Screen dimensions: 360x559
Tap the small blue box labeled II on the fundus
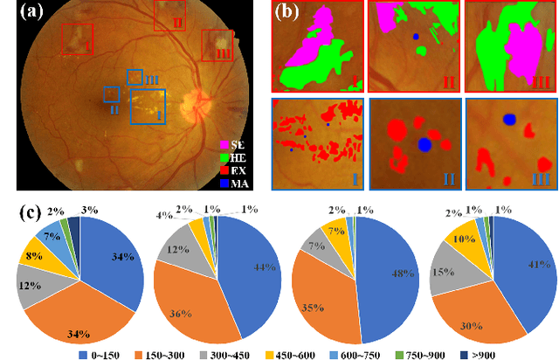[111, 93]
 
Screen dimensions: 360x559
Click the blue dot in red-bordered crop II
[416, 37]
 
